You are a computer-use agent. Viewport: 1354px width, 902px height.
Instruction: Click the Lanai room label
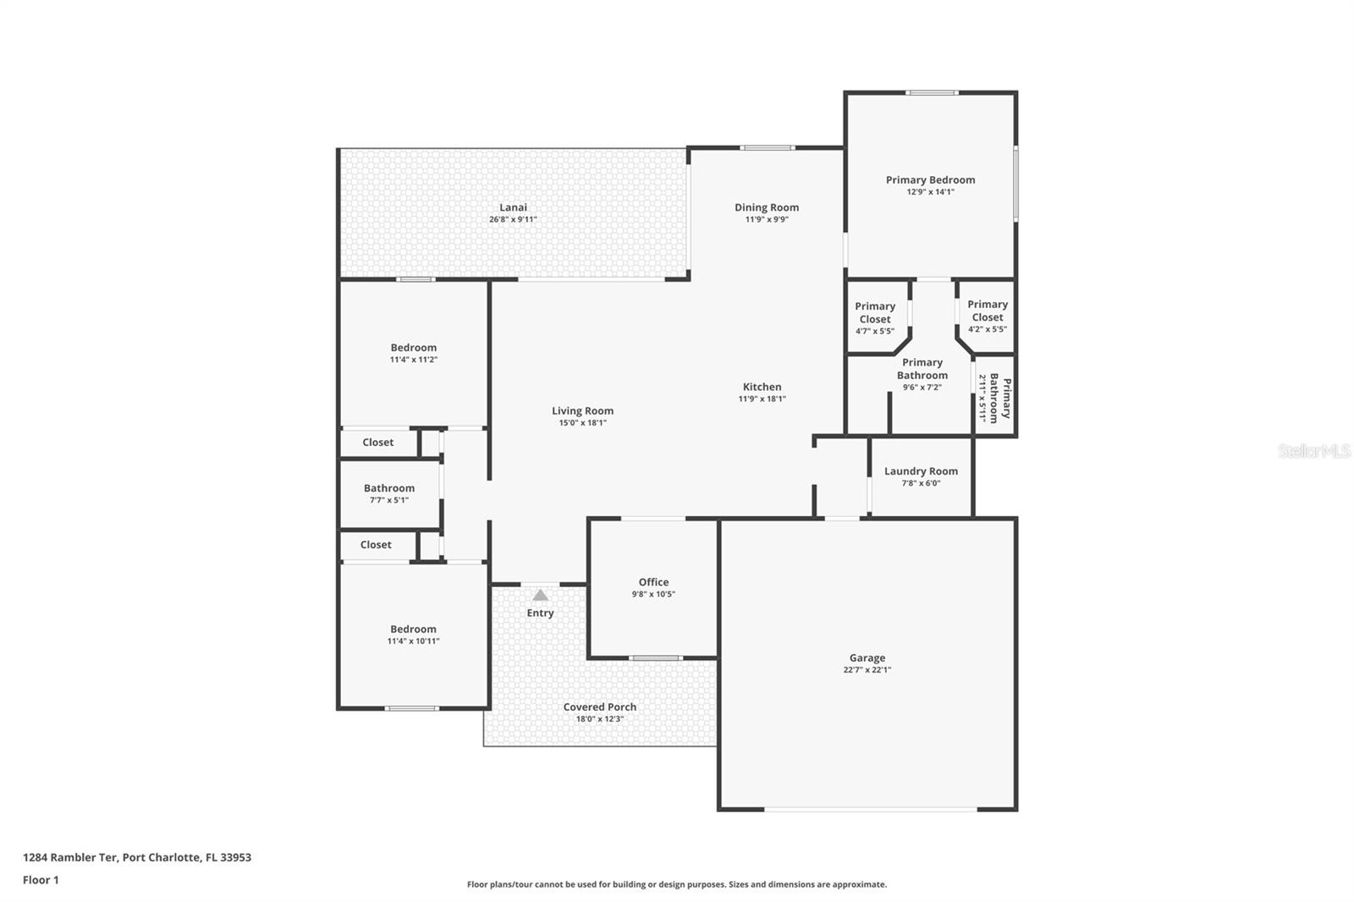tap(513, 207)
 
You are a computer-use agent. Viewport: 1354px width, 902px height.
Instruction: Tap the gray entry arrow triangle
tap(540, 596)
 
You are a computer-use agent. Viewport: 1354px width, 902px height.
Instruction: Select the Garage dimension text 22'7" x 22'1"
tap(867, 670)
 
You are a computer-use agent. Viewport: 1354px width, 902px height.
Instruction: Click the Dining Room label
tap(766, 207)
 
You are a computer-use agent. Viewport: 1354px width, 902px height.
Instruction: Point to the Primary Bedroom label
tap(930, 180)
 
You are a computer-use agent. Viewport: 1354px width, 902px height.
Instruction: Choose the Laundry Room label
tap(921, 471)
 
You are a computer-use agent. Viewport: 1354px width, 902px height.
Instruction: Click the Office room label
tap(653, 582)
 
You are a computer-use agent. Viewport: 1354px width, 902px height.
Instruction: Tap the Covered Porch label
tap(599, 707)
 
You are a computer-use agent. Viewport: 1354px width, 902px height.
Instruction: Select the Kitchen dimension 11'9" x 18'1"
tap(762, 399)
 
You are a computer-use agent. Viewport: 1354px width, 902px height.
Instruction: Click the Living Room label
tap(582, 411)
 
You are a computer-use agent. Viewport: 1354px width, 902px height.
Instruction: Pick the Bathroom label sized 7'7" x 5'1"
tap(389, 488)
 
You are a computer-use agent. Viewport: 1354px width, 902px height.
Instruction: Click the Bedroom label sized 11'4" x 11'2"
tap(413, 348)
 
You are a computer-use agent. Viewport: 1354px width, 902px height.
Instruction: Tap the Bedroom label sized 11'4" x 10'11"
tap(413, 630)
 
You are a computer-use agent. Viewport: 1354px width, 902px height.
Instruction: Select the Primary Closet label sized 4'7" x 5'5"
tap(875, 312)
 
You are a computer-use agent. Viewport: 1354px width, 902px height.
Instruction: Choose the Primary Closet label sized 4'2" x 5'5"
tap(988, 311)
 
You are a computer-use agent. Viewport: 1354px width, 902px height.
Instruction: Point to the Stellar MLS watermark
tap(1313, 452)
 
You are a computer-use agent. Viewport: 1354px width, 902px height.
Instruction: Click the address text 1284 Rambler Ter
tap(70, 857)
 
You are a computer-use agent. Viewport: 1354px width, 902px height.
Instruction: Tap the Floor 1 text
tap(41, 880)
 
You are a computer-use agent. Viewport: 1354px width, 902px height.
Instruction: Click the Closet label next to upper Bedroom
tap(377, 443)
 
